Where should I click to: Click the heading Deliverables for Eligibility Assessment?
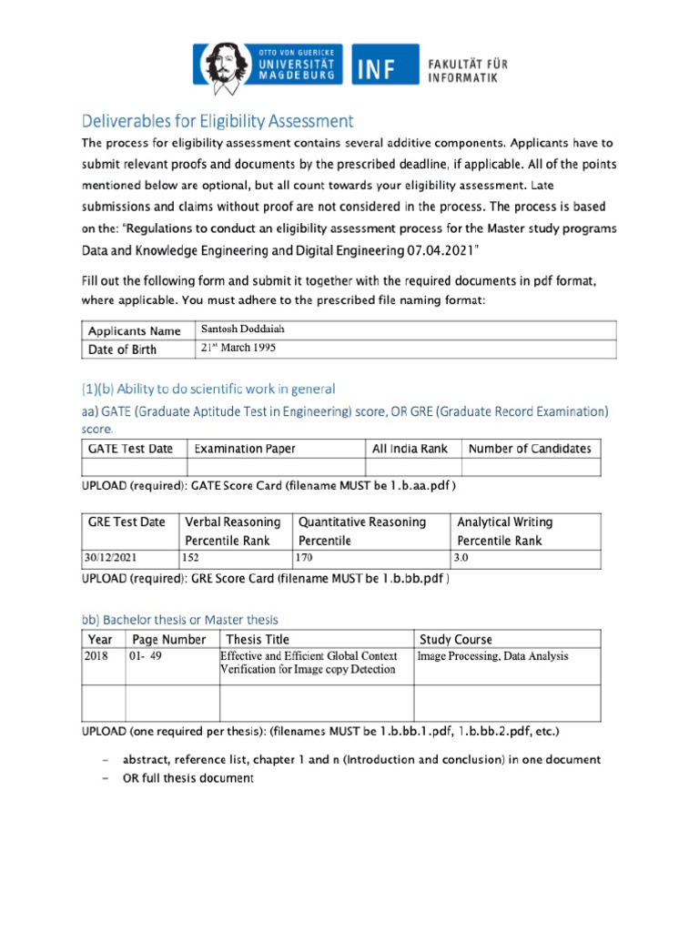click(218, 121)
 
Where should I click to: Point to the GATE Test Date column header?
click(130, 449)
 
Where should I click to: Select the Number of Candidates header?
click(529, 449)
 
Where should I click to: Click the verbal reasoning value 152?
click(191, 558)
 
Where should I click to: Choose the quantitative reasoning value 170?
click(306, 558)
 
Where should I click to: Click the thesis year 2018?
click(96, 656)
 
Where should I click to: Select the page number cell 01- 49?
click(146, 656)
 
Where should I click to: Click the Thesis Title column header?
click(258, 639)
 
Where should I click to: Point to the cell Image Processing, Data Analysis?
click(492, 656)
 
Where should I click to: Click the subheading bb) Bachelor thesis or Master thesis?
click(180, 620)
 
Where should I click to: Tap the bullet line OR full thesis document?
click(188, 778)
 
